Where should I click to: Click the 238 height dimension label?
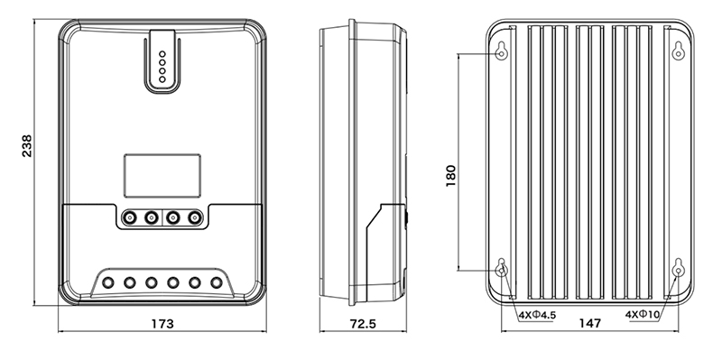click(x=27, y=146)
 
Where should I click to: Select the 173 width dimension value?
click(x=162, y=324)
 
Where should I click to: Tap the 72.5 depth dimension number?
click(x=363, y=324)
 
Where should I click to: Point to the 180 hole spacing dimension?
click(x=450, y=176)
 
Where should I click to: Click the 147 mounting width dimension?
click(x=590, y=323)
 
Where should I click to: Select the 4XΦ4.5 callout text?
click(x=537, y=316)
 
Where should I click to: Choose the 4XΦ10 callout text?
click(x=643, y=316)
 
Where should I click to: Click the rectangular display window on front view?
click(x=162, y=176)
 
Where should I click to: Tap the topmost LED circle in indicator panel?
click(x=162, y=54)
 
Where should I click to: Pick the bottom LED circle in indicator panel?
click(x=162, y=79)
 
